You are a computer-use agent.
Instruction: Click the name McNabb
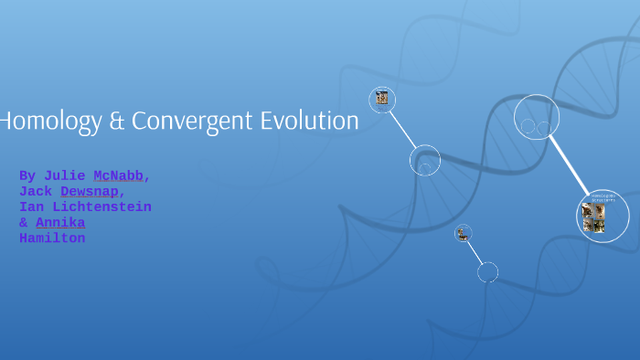pyautogui.click(x=118, y=175)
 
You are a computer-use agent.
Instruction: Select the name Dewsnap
pyautogui.click(x=89, y=191)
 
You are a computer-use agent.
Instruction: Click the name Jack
pyautogui.click(x=35, y=191)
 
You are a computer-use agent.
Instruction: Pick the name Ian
pyautogui.click(x=31, y=207)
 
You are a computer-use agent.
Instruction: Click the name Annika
pyautogui.click(x=60, y=223)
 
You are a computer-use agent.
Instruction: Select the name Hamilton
pyautogui.click(x=52, y=238)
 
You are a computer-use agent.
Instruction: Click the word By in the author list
pyautogui.click(x=27, y=175)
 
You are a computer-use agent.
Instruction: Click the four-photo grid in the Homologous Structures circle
pyautogui.click(x=593, y=218)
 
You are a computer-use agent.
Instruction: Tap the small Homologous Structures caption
pyautogui.click(x=603, y=197)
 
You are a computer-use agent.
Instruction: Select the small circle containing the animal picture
pyautogui.click(x=464, y=234)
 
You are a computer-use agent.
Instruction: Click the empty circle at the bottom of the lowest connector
pyautogui.click(x=488, y=271)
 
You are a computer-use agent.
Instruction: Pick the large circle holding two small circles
pyautogui.click(x=537, y=117)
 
